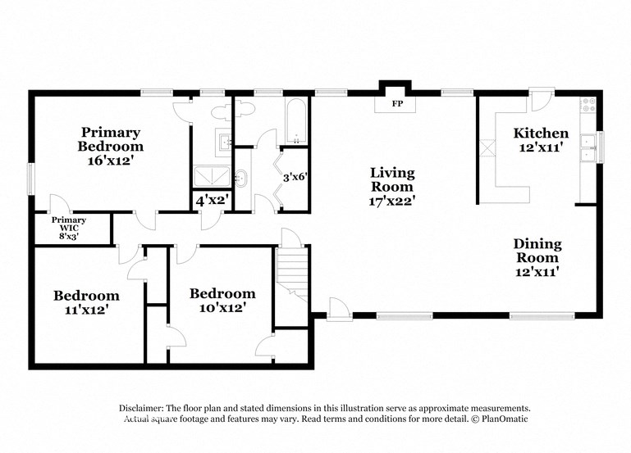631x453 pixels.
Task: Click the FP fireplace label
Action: (x=397, y=104)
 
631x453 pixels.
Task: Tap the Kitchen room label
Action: (x=541, y=139)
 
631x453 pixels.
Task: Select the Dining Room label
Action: (x=537, y=256)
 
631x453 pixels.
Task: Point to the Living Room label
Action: (x=392, y=186)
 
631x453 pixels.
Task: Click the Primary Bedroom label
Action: (x=111, y=146)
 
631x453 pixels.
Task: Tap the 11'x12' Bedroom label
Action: (x=86, y=302)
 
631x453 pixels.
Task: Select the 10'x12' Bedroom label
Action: (x=222, y=300)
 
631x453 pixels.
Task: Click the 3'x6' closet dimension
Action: (x=295, y=176)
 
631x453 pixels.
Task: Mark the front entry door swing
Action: (x=336, y=307)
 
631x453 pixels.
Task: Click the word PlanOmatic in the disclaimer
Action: (x=504, y=419)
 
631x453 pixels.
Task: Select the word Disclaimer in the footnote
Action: (x=135, y=408)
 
